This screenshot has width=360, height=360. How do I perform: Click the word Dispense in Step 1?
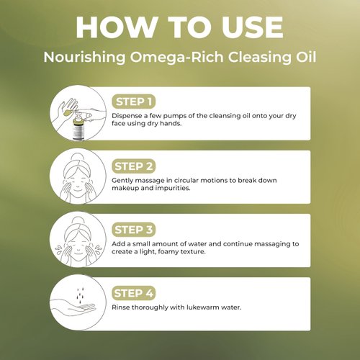click(127, 114)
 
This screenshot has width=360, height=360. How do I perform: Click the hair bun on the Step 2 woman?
click(75, 156)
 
